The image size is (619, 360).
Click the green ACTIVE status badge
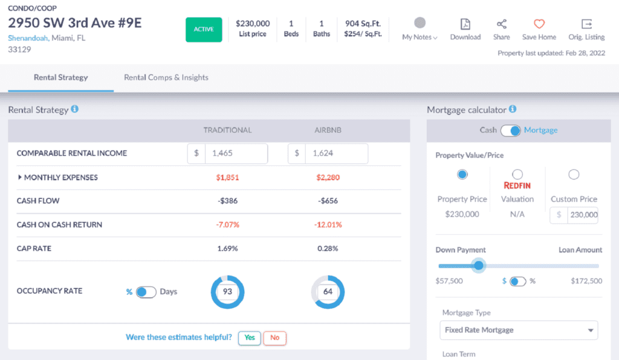pyautogui.click(x=204, y=29)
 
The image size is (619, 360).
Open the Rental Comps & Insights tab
pyautogui.click(x=166, y=77)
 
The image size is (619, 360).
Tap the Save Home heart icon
pyautogui.click(x=539, y=24)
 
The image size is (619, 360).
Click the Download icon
pyautogui.click(x=465, y=24)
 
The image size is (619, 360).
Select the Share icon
pyautogui.click(x=501, y=24)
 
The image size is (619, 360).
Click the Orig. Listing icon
pyautogui.click(x=586, y=24)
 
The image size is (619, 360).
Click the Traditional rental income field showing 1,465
pyautogui.click(x=236, y=153)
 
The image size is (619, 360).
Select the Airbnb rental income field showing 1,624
pyautogui.click(x=336, y=153)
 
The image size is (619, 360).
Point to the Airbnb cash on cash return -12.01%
pyautogui.click(x=329, y=225)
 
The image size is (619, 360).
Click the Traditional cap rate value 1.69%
pyautogui.click(x=228, y=248)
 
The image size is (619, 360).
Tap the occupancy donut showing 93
pyautogui.click(x=227, y=292)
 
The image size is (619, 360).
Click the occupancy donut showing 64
pyautogui.click(x=328, y=292)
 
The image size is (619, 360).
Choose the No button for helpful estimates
pyautogui.click(x=274, y=338)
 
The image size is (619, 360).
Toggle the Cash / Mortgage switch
pyautogui.click(x=510, y=130)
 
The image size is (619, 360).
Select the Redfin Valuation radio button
pyautogui.click(x=517, y=175)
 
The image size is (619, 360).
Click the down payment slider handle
pyautogui.click(x=479, y=265)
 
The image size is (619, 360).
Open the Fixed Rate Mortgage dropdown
pyautogui.click(x=518, y=330)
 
